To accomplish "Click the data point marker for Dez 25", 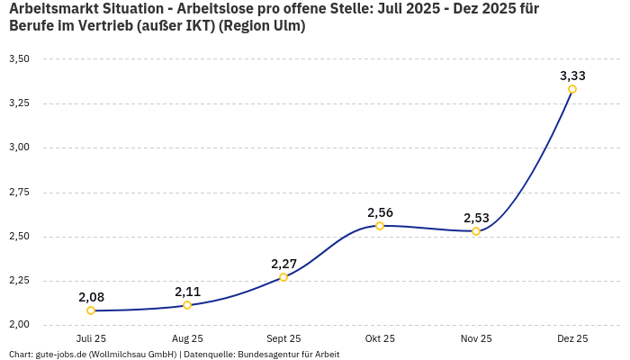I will click(x=572, y=89).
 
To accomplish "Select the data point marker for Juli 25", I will click(x=91, y=310).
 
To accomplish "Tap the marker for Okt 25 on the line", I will click(x=380, y=226).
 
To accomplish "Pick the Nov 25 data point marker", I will click(x=476, y=231).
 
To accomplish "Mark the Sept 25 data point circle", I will click(x=283, y=277).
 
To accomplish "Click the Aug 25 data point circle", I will click(x=187, y=305).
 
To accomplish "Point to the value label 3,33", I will click(x=572, y=76).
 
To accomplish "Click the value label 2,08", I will click(x=91, y=297).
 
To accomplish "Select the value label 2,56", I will click(x=380, y=212).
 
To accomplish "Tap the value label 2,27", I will click(x=283, y=264).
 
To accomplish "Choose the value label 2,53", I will click(x=476, y=218).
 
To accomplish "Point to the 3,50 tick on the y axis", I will click(x=19, y=59).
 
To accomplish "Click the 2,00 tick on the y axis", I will click(x=19, y=325).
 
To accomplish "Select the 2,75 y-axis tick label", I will click(x=19, y=193).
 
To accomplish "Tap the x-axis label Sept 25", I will click(x=283, y=339).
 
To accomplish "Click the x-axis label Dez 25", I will click(x=572, y=339).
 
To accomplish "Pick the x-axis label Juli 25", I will click(x=91, y=339).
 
